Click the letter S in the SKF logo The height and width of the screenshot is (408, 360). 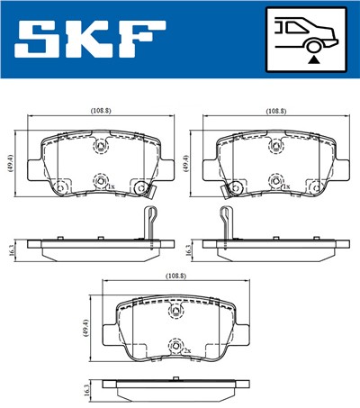(38, 39)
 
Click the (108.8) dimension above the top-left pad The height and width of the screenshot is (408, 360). (100, 111)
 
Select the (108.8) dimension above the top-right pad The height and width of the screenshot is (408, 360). (276, 111)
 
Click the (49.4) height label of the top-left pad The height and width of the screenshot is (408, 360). (12, 164)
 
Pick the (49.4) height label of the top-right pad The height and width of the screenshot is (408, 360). (187, 164)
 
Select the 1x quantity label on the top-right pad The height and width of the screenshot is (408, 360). (286, 187)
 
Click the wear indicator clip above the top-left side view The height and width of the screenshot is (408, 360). (151, 222)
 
